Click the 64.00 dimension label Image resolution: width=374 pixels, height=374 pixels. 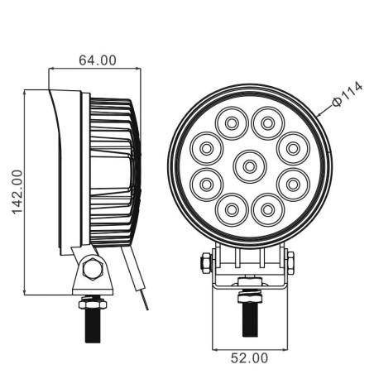point(97,60)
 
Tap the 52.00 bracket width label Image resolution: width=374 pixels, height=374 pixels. point(249,357)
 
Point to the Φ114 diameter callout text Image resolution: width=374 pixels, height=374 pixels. point(348,97)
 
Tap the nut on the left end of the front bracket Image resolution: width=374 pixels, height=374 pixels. point(204,264)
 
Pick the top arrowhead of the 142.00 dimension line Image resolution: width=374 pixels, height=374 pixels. point(26,92)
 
